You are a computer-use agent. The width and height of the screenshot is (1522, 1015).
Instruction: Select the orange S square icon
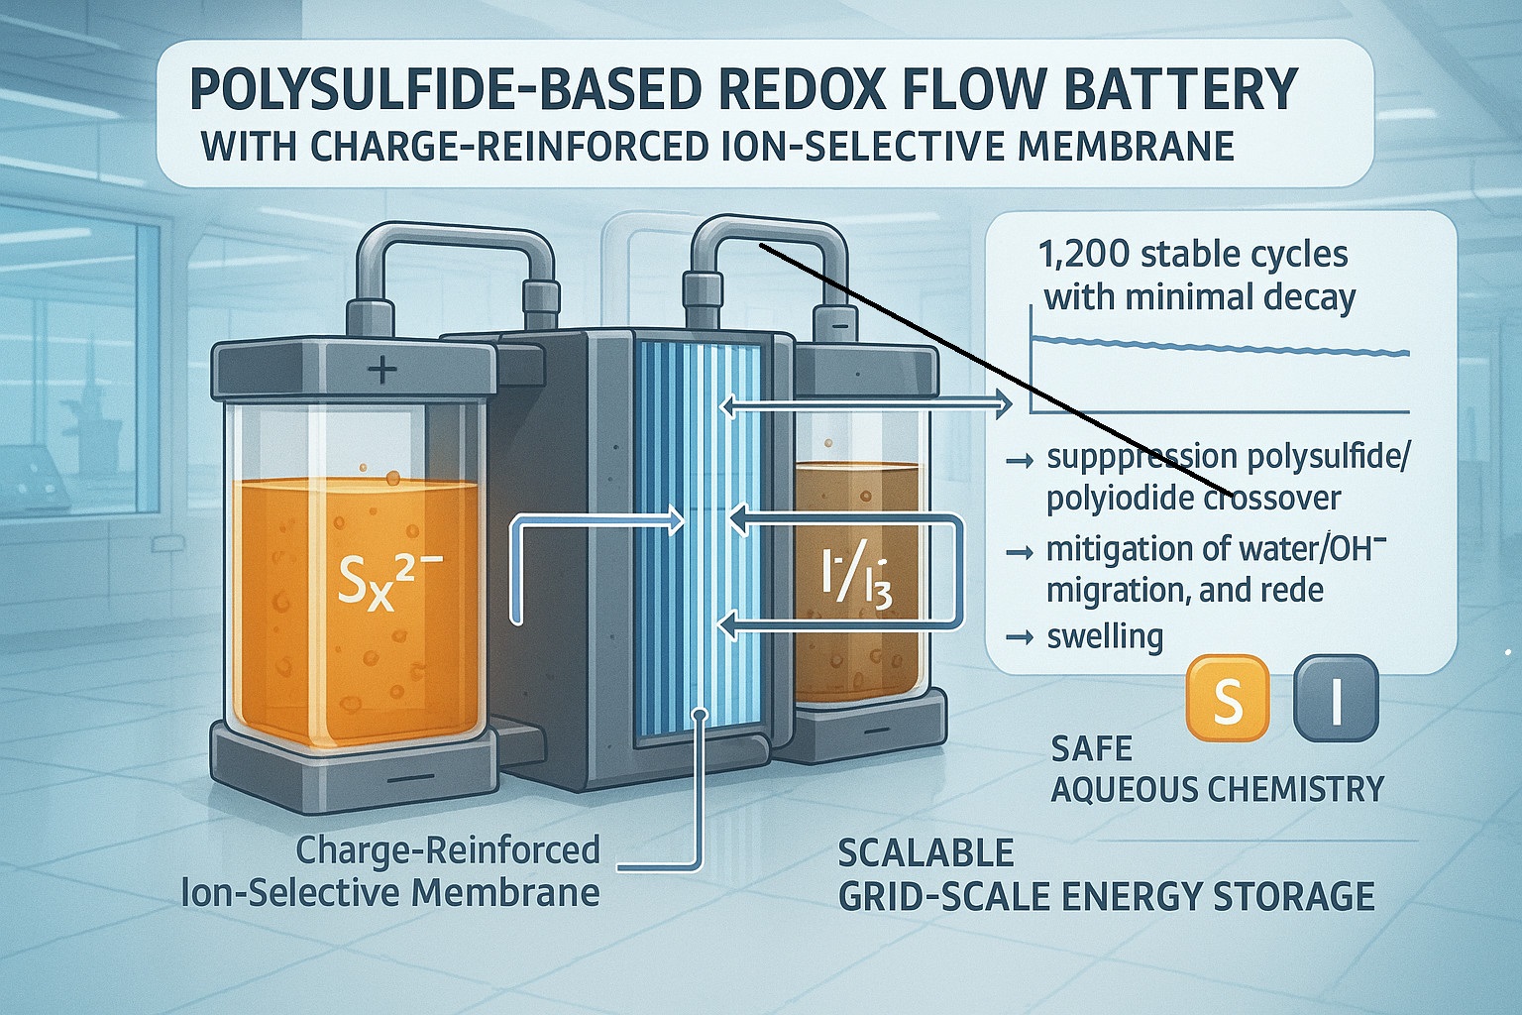[x=1228, y=699]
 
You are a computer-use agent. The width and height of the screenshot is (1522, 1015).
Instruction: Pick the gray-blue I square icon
[x=1336, y=699]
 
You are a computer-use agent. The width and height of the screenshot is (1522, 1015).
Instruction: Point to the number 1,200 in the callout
[x=1084, y=254]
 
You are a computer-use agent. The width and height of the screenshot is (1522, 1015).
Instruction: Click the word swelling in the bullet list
[x=1105, y=635]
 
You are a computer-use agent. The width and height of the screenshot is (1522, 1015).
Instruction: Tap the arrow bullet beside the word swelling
[x=1019, y=637]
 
